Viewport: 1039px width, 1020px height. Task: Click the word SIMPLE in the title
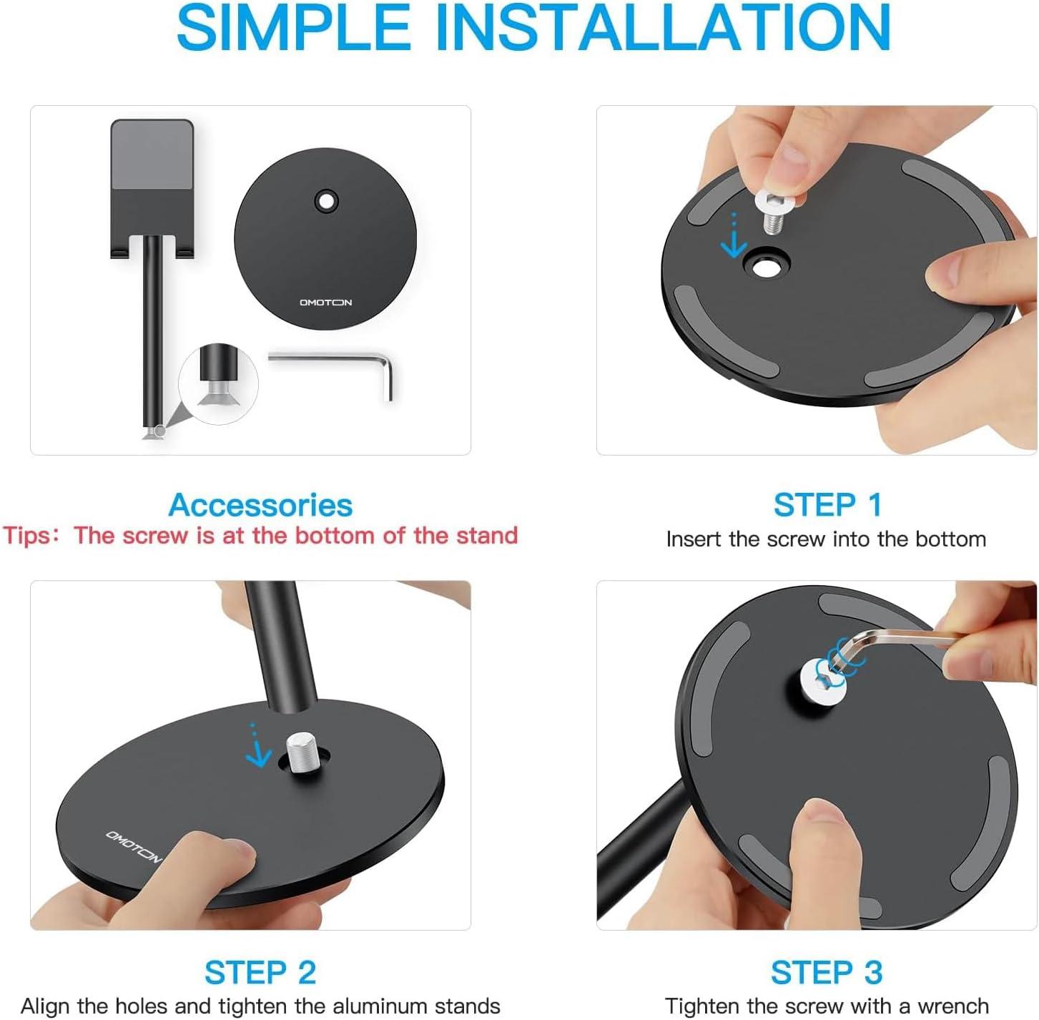coord(293,28)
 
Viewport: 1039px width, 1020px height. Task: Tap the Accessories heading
coord(260,506)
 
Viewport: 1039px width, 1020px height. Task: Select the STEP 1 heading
coord(827,506)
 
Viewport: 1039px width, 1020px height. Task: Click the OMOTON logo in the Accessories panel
coord(325,303)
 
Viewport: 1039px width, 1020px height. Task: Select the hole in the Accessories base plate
coord(325,202)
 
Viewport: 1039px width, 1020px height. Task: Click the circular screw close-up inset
coord(218,383)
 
